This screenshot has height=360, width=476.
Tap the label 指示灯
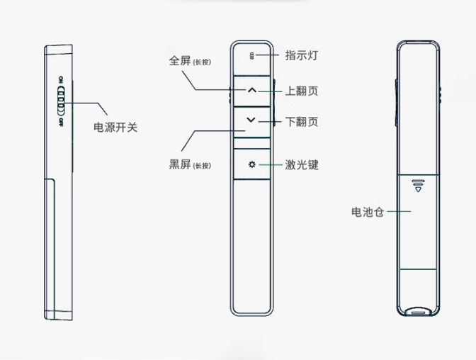(300, 55)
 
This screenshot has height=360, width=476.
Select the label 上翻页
(301, 91)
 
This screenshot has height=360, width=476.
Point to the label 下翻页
(301, 122)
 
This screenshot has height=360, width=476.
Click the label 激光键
(301, 165)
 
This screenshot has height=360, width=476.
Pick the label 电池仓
(367, 211)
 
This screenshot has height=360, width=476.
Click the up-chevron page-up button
(251, 91)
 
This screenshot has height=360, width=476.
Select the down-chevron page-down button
(251, 120)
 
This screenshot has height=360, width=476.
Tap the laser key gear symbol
(251, 165)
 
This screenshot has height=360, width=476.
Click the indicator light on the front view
(251, 55)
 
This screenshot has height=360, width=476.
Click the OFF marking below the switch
(62, 121)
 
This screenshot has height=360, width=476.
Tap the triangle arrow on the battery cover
(418, 189)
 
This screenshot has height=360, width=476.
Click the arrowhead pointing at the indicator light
(259, 55)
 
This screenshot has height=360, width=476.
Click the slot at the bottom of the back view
(418, 310)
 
